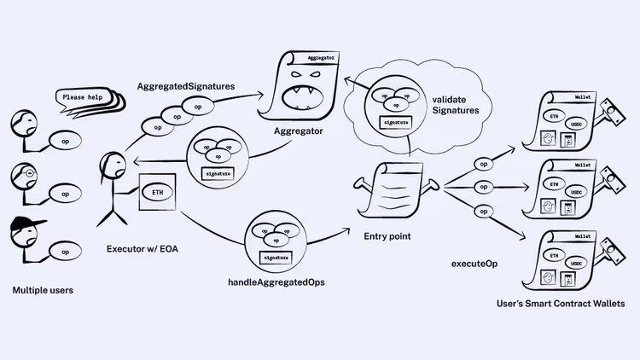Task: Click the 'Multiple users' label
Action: pos(43,290)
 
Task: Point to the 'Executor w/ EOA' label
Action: pos(144,249)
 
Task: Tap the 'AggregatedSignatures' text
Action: pos(187,87)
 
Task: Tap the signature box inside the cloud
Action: pos(395,122)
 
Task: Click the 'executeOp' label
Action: pos(474,264)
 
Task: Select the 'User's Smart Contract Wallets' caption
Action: pos(561,304)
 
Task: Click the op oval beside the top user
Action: pos(66,137)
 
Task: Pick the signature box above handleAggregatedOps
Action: pos(275,257)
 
